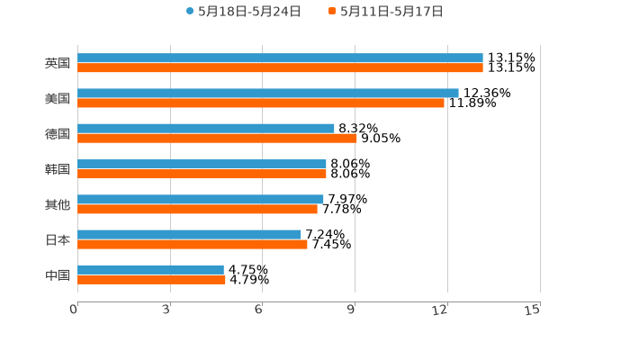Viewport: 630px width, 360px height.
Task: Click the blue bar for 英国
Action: pyautogui.click(x=280, y=58)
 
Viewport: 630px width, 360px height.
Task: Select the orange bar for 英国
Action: pyautogui.click(x=280, y=67)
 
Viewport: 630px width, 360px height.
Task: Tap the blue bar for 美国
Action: pyautogui.click(x=268, y=93)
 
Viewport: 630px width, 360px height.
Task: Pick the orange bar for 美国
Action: pyautogui.click(x=261, y=103)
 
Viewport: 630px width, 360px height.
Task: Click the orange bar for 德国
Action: pyautogui.click(x=217, y=138)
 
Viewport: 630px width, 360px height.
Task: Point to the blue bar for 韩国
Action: pyautogui.click(x=202, y=164)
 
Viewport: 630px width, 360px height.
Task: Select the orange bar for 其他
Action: pyautogui.click(x=197, y=209)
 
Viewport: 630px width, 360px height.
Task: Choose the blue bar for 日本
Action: pyautogui.click(x=189, y=234)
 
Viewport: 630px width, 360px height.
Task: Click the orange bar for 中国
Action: pyautogui.click(x=151, y=279)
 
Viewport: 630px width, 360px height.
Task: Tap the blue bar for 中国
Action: pyautogui.click(x=150, y=269)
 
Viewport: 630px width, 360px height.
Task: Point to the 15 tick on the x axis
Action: pyautogui.click(x=533, y=310)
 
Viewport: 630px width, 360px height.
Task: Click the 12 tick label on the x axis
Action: pyautogui.click(x=440, y=310)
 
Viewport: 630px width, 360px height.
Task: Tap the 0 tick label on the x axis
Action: pyautogui.click(x=74, y=310)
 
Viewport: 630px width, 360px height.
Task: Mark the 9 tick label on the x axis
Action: pyautogui.click(x=351, y=310)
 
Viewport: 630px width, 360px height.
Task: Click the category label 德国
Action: pyautogui.click(x=58, y=133)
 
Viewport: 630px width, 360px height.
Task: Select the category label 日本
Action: pyautogui.click(x=58, y=239)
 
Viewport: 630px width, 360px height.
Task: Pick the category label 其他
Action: pyautogui.click(x=58, y=204)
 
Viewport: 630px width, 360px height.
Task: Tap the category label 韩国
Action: pyautogui.click(x=58, y=169)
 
